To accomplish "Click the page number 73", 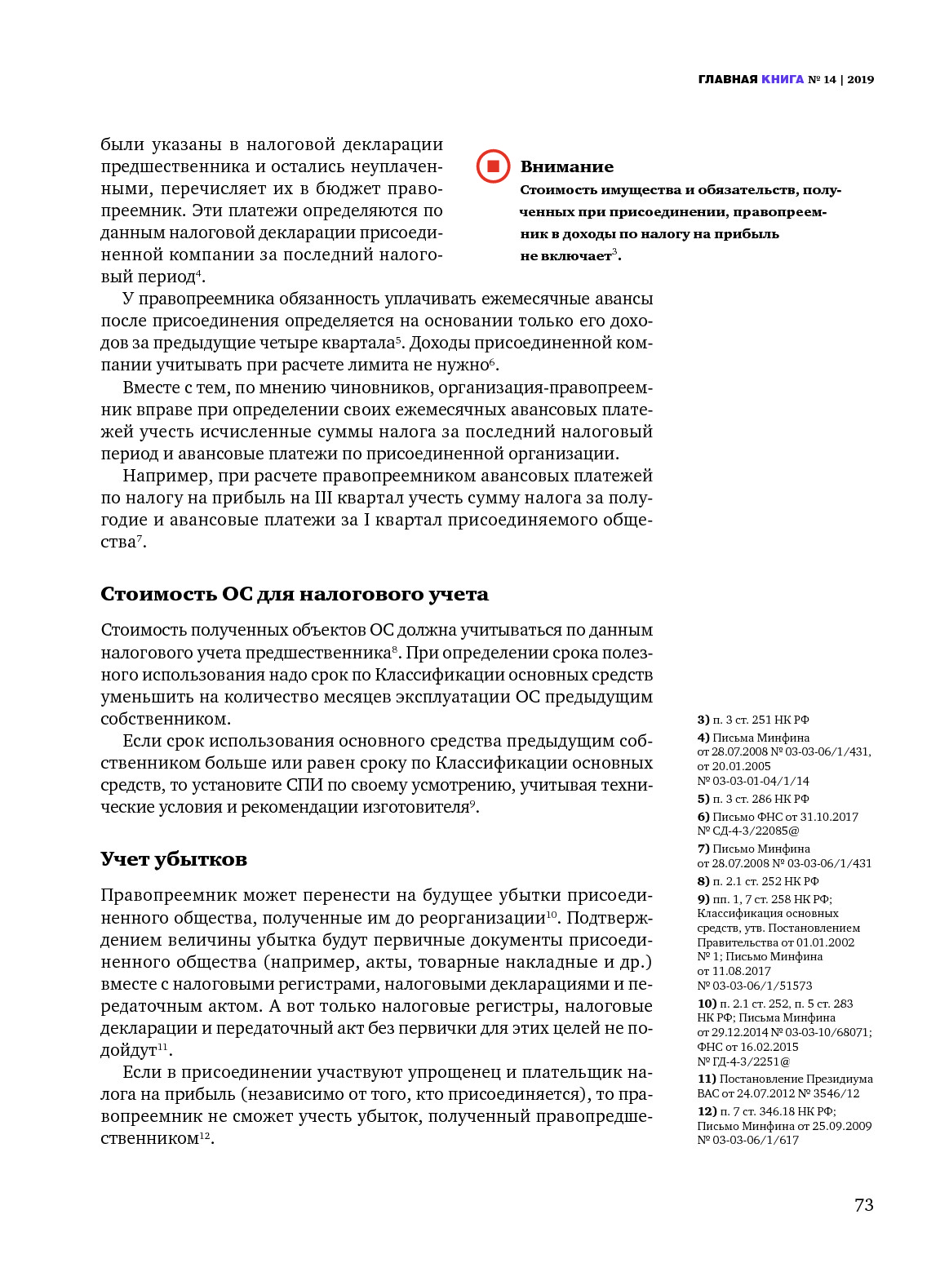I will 863,1205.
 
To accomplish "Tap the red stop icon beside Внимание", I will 493,166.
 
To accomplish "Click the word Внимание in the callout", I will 566,166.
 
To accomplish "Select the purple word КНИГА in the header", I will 782,79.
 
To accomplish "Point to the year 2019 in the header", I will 860,79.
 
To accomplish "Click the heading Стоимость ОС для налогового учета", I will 294,594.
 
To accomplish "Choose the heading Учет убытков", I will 173,859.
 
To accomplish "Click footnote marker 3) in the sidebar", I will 703,720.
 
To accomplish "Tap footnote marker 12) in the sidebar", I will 707,1111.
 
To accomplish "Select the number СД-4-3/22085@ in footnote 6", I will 755,831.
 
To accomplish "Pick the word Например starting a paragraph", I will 166,476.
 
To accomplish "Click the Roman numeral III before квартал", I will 323,498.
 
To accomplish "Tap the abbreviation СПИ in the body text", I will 304,785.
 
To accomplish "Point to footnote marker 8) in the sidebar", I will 703,881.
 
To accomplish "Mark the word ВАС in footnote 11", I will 707,1093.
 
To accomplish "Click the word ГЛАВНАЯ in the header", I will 728,79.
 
